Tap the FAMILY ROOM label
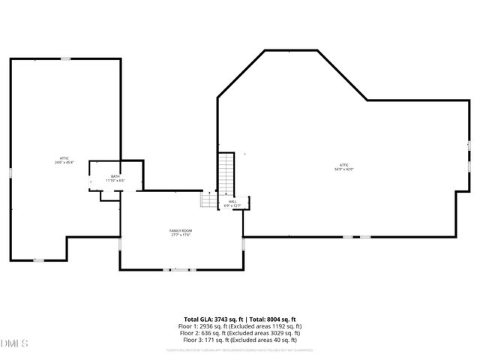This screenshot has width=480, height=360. [x=181, y=230]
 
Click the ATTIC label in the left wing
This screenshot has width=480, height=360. [x=64, y=158]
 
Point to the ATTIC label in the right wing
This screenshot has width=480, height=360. [x=344, y=165]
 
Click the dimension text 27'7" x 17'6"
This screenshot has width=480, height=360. [x=181, y=235]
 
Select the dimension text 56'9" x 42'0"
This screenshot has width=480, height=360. [x=344, y=169]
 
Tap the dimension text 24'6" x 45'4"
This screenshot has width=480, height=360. [x=64, y=163]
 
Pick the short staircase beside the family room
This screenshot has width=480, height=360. [x=208, y=200]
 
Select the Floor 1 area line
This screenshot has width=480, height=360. [x=240, y=326]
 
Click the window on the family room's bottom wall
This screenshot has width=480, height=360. [x=181, y=269]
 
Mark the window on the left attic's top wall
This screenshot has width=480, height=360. [x=66, y=58]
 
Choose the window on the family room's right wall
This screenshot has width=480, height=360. [x=243, y=244]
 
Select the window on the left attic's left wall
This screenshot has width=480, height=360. [x=10, y=173]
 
